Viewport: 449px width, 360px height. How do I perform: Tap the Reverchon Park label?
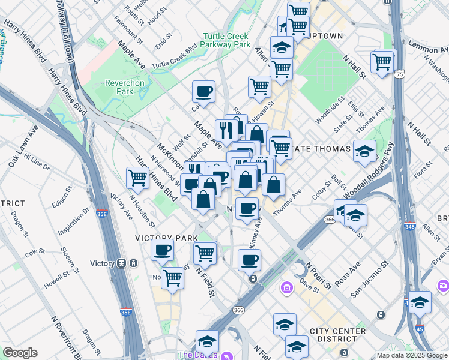118,87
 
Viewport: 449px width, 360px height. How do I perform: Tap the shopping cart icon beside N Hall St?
382,61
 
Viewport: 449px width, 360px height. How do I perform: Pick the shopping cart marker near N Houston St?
137,178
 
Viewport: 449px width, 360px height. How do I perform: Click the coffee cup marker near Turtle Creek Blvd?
203,92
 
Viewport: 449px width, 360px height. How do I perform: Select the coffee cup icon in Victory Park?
162,250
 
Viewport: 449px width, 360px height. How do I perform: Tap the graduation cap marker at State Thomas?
364,151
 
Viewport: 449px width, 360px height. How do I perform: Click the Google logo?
20,353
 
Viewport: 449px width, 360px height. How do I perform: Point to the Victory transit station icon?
121,263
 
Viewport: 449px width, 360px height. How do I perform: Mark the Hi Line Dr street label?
37,161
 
